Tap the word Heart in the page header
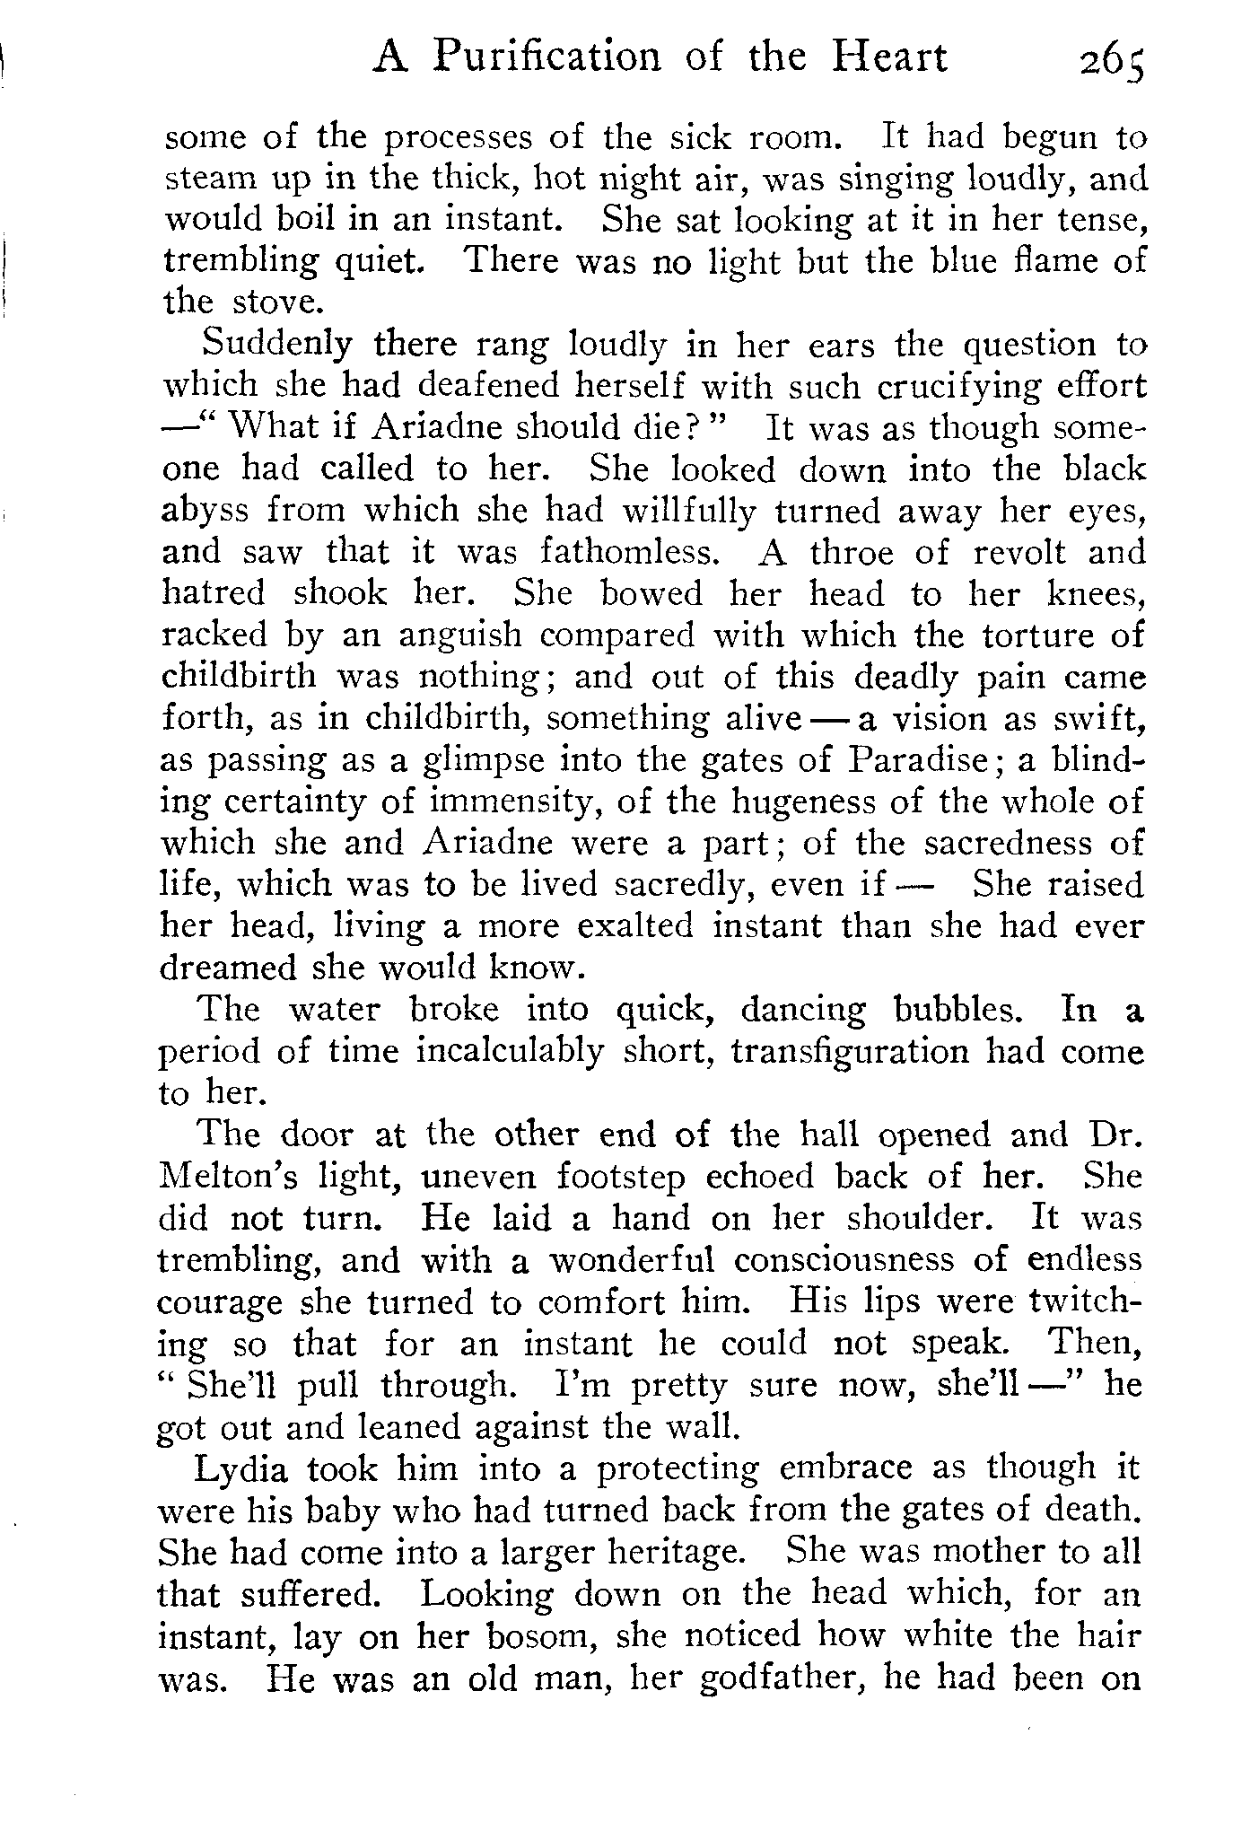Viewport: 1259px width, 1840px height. pos(888,57)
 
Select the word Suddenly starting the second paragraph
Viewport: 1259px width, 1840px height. pos(279,345)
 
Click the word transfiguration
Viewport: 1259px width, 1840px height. pos(850,1050)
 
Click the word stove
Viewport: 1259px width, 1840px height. pos(275,302)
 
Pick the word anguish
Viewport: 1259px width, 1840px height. pos(459,635)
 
